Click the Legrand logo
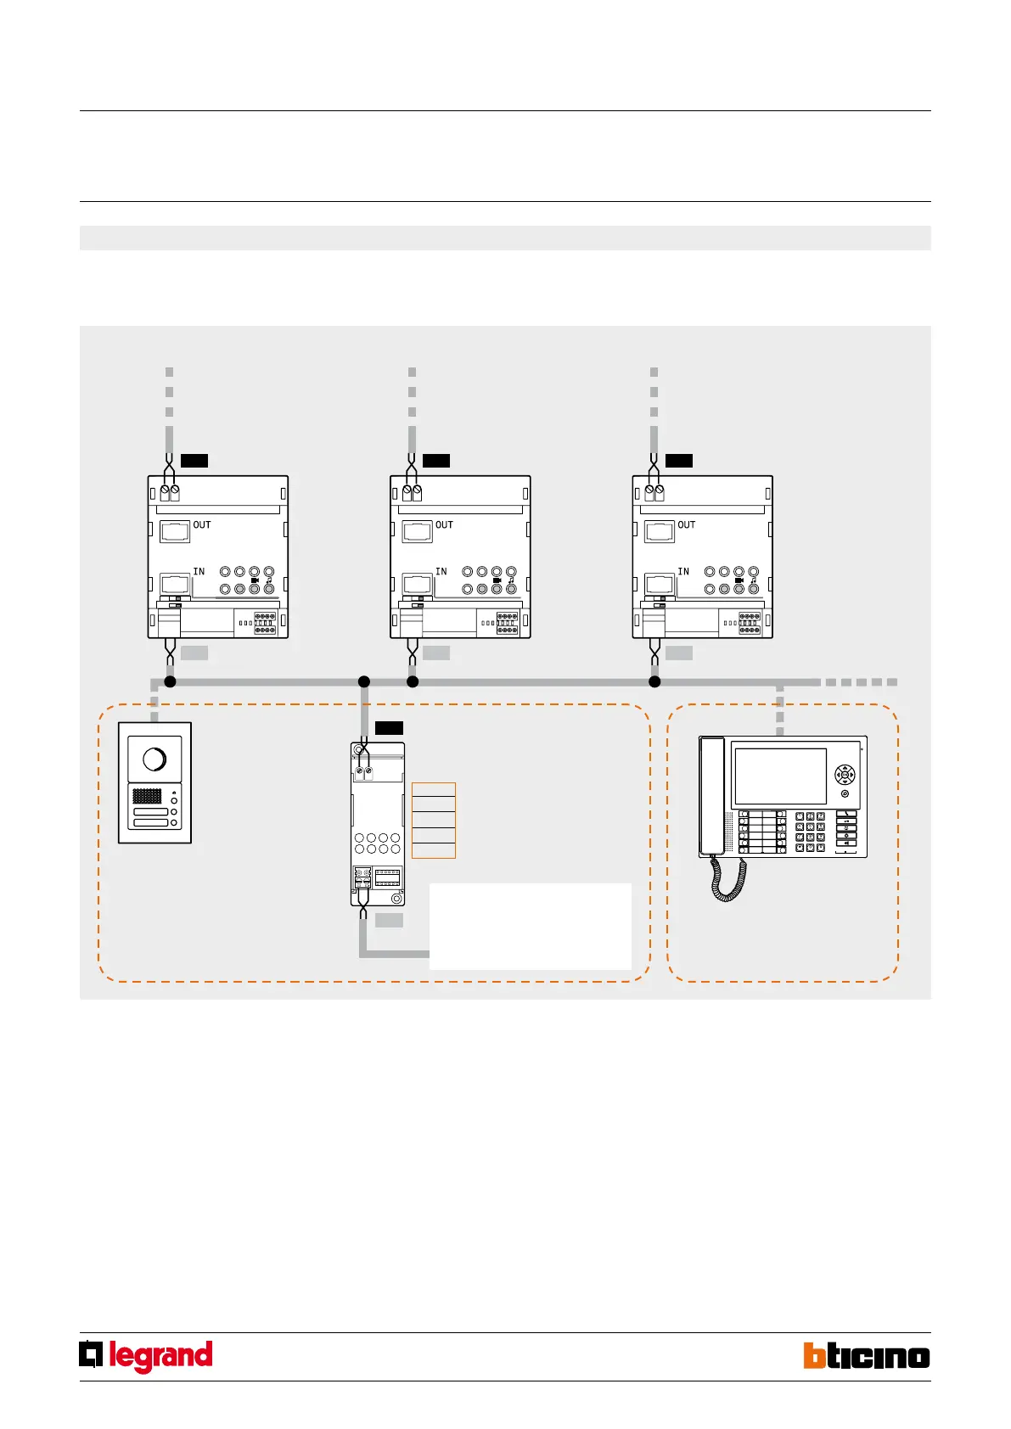[x=146, y=1356]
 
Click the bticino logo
[x=867, y=1355]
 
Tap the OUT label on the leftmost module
[x=202, y=525]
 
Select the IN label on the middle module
[x=441, y=572]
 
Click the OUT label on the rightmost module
[x=687, y=525]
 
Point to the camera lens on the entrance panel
[x=154, y=759]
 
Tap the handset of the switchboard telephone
[x=711, y=796]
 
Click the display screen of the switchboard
[x=780, y=776]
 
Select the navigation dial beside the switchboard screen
[x=845, y=775]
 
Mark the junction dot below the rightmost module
[x=654, y=681]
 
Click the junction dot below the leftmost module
[x=170, y=681]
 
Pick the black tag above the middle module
[x=436, y=461]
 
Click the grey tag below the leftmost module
[x=194, y=653]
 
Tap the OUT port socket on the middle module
[x=418, y=532]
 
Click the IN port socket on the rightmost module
[x=660, y=584]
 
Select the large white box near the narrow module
[x=531, y=926]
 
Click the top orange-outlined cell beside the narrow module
[x=434, y=790]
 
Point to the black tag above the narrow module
[x=389, y=727]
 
